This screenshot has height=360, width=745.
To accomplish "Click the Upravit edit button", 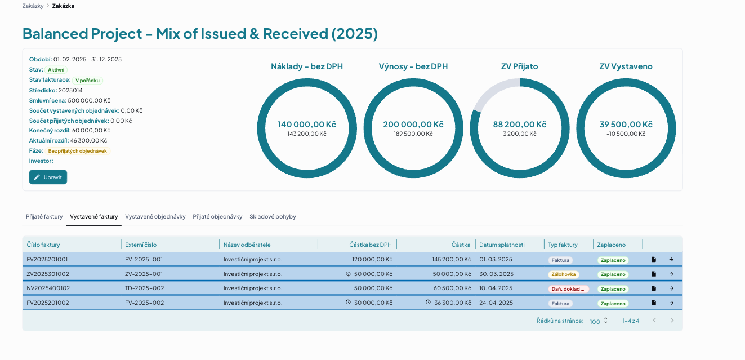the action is pos(48,177).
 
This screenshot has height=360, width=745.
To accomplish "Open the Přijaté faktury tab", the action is pos(44,216).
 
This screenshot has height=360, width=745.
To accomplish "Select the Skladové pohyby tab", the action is pos(273,216).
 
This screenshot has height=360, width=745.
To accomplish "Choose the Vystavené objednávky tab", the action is pos(155,216).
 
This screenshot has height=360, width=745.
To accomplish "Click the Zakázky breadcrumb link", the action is pos(33,6).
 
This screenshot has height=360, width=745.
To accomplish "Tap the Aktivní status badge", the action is pos(56,70).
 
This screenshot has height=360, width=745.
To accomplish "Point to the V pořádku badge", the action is pos(87,81).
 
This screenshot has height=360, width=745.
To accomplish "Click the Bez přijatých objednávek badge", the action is pos(78,151).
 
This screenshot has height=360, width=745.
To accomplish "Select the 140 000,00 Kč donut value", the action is pos(307,125).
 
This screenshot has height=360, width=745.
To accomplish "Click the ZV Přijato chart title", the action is pos(520,66).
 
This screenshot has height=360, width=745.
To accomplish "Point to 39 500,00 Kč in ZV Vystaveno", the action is pos(626,125).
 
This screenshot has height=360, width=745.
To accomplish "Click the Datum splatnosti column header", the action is pos(502,245).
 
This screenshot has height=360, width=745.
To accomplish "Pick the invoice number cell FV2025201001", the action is pos(47,260).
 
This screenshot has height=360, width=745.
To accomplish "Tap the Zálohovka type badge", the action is pos(564,274).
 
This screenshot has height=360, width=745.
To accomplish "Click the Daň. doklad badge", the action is pos(568,289).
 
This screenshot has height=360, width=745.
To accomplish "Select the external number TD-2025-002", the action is pos(145,288).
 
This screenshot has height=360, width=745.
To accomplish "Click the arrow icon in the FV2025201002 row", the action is pos(671,303).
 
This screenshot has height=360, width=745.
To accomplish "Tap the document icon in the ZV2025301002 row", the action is pos(654,274).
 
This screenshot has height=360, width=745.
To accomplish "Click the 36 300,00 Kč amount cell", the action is pos(453,303).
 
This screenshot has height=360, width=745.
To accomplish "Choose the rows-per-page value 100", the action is pos(595,322).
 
